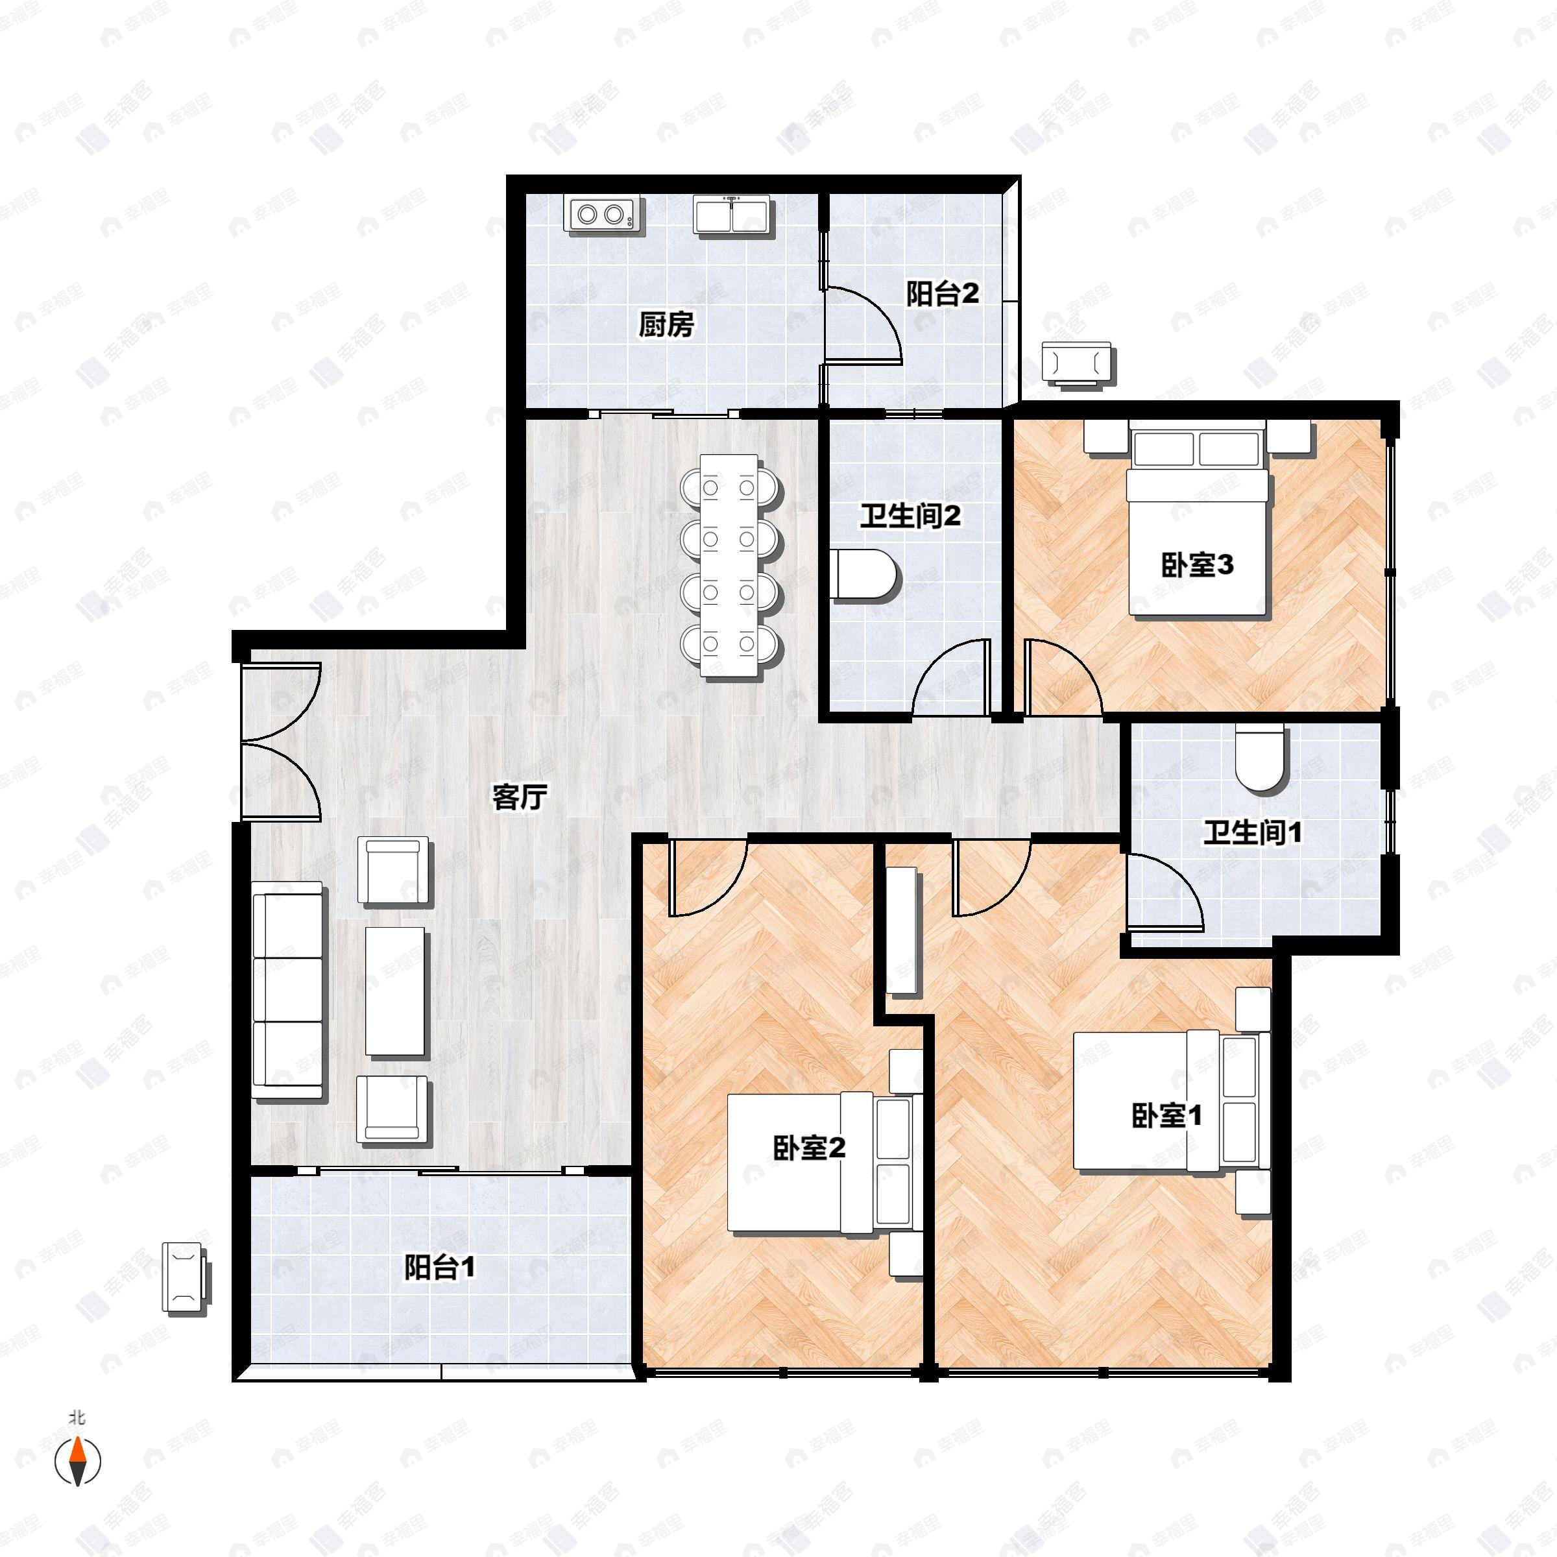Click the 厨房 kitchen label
coord(666,325)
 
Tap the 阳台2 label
coord(942,293)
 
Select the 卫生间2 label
coord(910,516)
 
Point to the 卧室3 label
coord(1197,565)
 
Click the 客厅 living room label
coord(520,797)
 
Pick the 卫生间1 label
coord(1252,832)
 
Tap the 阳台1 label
coord(439,1268)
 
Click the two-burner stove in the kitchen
coord(599,214)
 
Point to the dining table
coord(729,565)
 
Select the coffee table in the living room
coord(395,991)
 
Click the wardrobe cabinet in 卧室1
coord(902,930)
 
